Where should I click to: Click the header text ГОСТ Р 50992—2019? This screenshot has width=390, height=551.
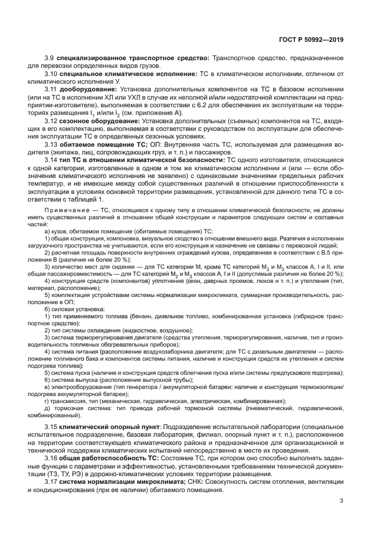(310, 40)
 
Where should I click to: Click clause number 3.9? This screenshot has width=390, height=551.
(50, 58)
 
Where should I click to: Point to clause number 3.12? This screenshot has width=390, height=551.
(52, 120)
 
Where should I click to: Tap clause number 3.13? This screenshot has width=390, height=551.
(52, 143)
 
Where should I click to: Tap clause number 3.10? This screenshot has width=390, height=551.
(52, 74)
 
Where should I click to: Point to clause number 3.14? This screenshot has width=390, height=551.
(52, 159)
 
